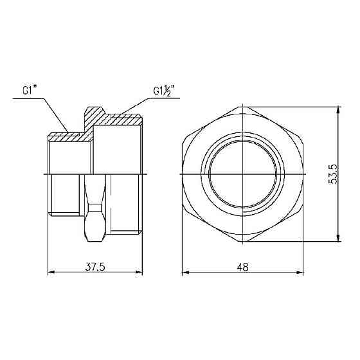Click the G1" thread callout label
(x=30, y=90)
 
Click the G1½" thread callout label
(x=164, y=91)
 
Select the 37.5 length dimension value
(x=95, y=267)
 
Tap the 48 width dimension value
(x=243, y=267)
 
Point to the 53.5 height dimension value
(x=332, y=174)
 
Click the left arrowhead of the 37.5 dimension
(x=51, y=273)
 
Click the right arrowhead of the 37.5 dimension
(x=139, y=273)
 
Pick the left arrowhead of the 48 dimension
(x=186, y=273)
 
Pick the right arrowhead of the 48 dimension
(x=300, y=273)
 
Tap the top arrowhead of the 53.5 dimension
(x=338, y=111)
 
